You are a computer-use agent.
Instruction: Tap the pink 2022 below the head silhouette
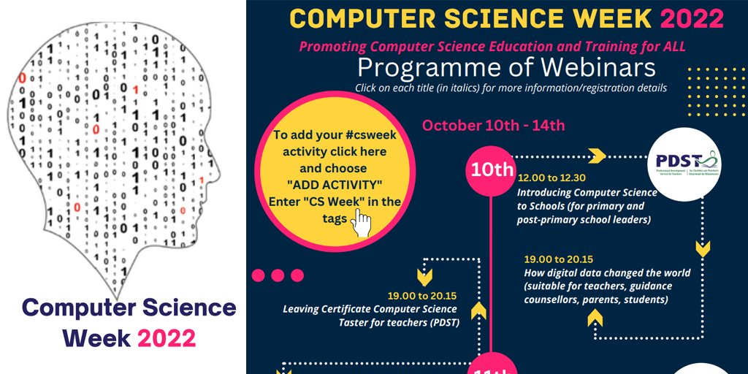point(167,338)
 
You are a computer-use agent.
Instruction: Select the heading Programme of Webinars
point(506,68)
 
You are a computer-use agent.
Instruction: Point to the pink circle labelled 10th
point(492,170)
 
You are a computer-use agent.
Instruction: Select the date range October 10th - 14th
point(493,125)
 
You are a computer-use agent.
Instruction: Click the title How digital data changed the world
point(606,272)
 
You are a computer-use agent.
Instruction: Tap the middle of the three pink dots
point(278,275)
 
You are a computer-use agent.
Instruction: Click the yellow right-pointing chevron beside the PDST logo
point(597,156)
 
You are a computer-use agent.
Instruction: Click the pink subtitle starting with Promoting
point(492,46)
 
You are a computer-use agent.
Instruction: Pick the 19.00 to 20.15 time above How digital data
point(559,259)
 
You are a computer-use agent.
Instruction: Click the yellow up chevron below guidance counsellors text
point(595,317)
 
